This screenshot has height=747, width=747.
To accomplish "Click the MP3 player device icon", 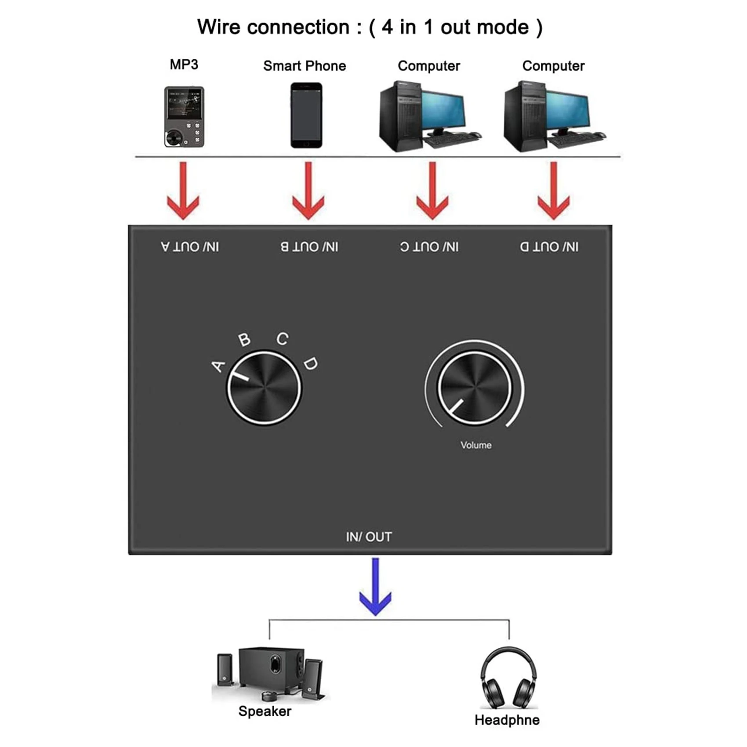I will [x=184, y=117].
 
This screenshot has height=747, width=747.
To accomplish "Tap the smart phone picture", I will [x=306, y=116].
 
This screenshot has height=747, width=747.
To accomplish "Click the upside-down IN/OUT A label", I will [x=190, y=247].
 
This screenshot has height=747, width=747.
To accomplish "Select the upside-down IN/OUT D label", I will [x=549, y=247].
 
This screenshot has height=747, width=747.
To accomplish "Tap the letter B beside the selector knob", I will [x=244, y=340].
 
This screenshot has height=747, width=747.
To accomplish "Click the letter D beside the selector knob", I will [x=311, y=364].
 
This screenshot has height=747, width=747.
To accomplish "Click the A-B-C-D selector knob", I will [x=264, y=388].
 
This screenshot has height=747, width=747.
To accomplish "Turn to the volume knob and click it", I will [x=475, y=388].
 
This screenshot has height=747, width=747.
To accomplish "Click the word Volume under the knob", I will [x=476, y=445].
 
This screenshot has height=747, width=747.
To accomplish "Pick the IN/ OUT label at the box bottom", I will [x=369, y=537].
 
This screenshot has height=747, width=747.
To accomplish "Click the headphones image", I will [x=508, y=678].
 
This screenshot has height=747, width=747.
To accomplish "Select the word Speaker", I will [x=265, y=711].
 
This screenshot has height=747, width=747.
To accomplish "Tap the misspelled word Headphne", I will [x=507, y=720].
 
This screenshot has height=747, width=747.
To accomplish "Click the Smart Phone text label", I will [x=305, y=66].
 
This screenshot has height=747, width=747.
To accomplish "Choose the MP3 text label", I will [x=184, y=65].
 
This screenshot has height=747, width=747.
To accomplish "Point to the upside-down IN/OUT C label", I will [x=429, y=247].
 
